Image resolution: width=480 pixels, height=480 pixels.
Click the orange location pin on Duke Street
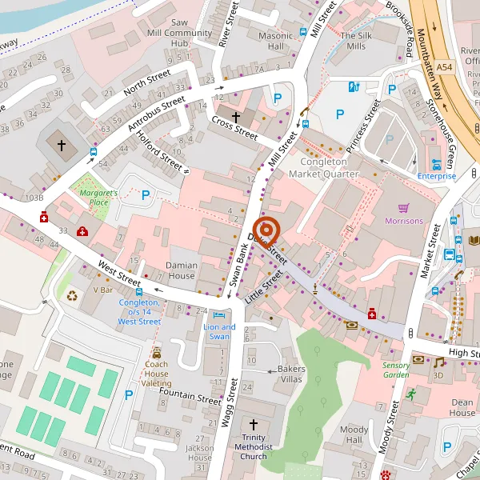coord(266,231)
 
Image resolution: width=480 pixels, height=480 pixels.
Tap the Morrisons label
coord(402,221)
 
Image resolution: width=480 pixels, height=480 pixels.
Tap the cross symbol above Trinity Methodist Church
coord(254,425)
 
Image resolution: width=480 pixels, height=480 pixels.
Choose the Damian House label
coord(181,270)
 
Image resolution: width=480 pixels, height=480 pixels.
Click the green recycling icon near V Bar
coord(73,296)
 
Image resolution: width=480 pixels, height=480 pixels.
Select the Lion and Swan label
coord(219,331)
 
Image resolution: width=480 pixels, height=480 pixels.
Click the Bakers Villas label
coord(290,373)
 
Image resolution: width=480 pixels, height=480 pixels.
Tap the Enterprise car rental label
coord(436,175)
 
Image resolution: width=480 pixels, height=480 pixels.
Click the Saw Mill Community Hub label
coord(180,33)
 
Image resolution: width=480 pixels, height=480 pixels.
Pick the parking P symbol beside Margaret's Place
coord(146,194)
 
